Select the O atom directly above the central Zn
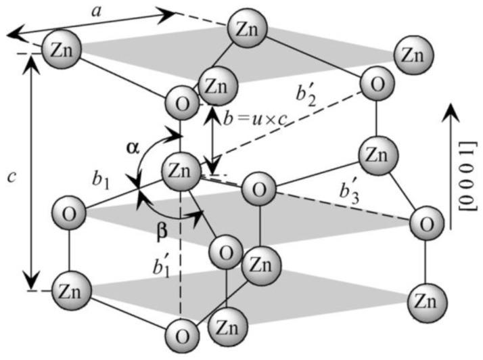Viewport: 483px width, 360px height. (x=182, y=105)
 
